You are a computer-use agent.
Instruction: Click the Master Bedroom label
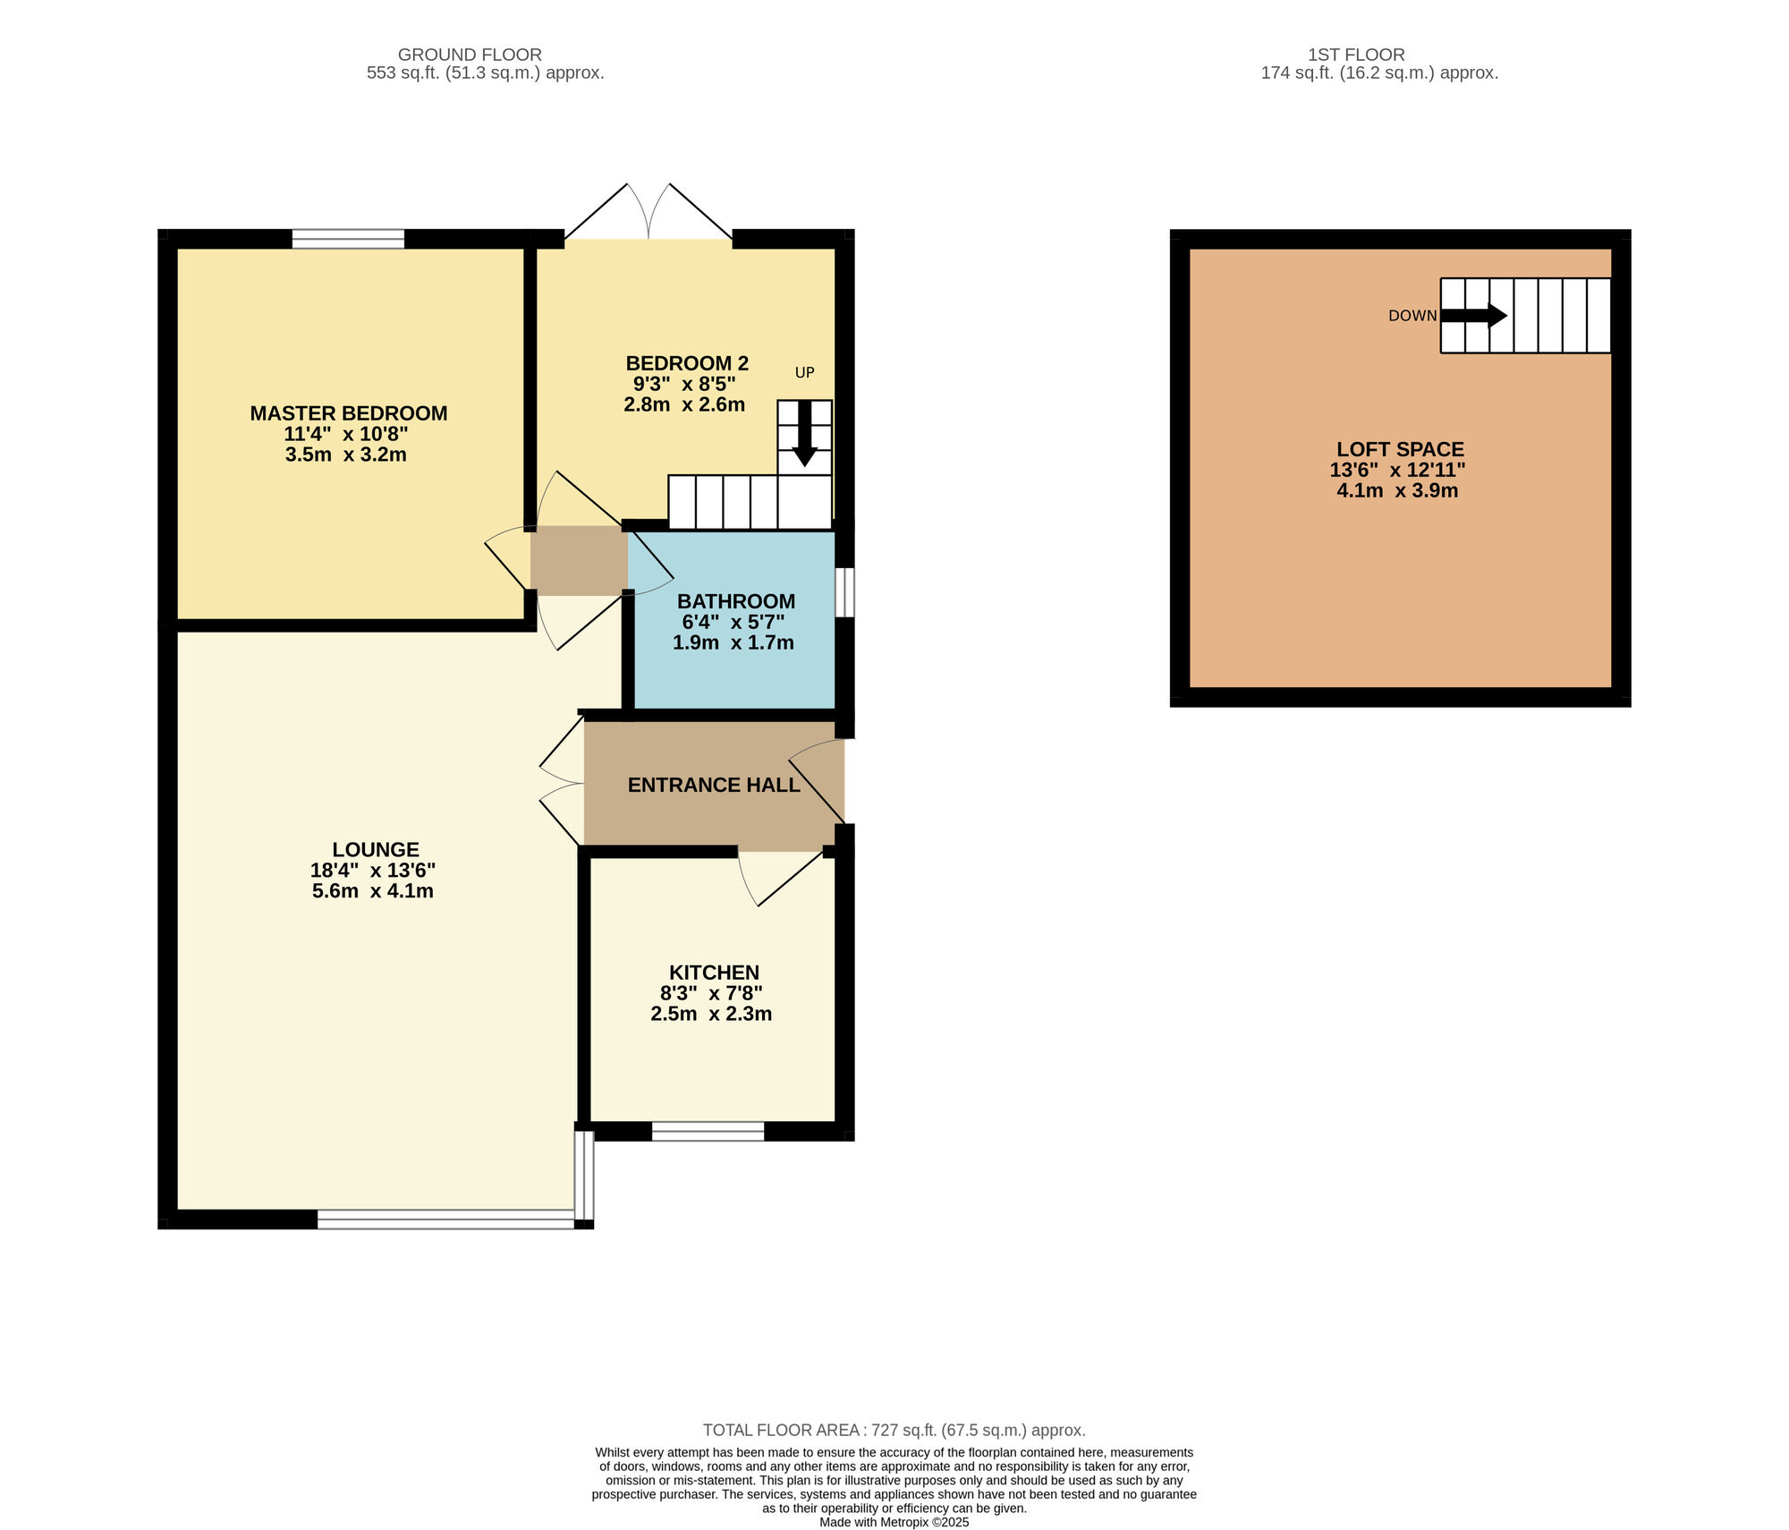(349, 413)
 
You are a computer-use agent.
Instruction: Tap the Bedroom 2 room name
(687, 363)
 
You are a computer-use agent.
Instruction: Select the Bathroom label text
(736, 601)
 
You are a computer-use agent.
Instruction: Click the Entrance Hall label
(714, 785)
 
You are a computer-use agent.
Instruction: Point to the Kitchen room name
(714, 973)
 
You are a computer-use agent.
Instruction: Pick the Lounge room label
(376, 850)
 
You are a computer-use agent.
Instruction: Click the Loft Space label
(1401, 449)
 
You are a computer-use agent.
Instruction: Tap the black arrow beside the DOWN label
(1474, 316)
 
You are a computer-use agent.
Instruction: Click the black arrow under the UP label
(805, 433)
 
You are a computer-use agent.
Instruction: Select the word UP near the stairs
(805, 372)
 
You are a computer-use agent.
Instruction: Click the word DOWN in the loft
(1412, 316)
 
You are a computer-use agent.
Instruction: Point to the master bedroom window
(348, 239)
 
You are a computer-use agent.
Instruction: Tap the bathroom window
(845, 592)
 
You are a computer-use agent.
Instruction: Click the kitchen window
(708, 1131)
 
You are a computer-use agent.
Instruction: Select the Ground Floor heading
(470, 55)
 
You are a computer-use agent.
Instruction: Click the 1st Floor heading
(1356, 55)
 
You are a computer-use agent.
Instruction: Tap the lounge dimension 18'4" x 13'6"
(373, 871)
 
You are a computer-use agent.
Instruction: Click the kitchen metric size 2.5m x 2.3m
(711, 1014)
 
